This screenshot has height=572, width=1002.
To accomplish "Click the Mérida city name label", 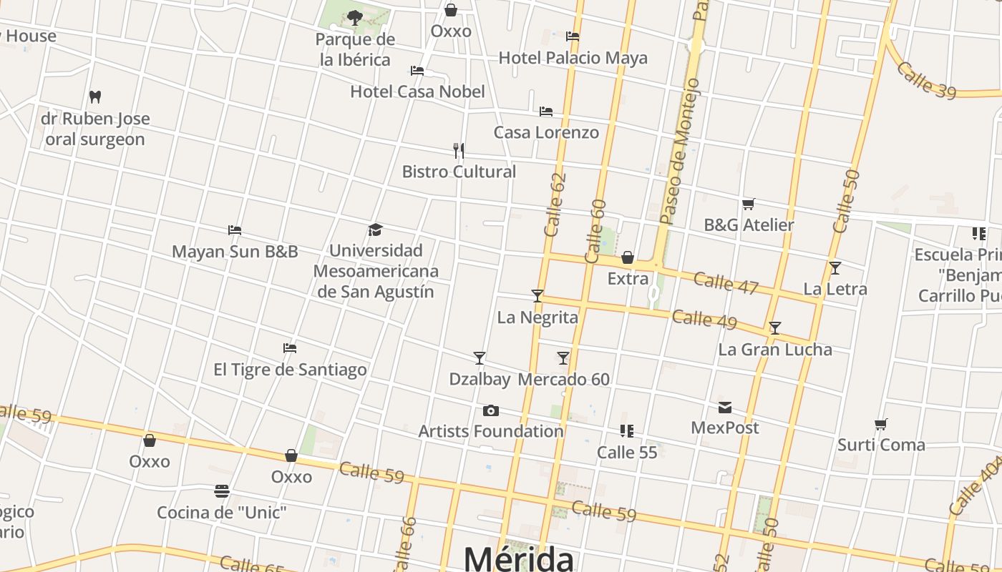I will pyautogui.click(x=519, y=558).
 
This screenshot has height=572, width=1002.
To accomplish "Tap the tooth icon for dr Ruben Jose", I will pyautogui.click(x=95, y=97).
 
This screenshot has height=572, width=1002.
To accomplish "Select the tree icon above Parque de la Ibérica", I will pyautogui.click(x=354, y=17).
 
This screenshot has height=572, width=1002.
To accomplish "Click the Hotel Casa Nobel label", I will pyautogui.click(x=417, y=92).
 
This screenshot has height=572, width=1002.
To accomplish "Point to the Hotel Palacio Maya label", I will pyautogui.click(x=573, y=58).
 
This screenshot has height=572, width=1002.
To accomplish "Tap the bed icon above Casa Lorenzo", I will pyautogui.click(x=546, y=112).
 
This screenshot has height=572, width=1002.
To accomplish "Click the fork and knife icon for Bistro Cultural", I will pyautogui.click(x=459, y=150).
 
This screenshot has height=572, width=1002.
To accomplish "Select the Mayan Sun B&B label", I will pyautogui.click(x=235, y=252).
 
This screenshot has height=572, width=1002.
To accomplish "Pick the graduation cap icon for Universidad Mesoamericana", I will pyautogui.click(x=376, y=230).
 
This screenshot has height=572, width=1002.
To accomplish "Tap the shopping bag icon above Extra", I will pyautogui.click(x=628, y=257).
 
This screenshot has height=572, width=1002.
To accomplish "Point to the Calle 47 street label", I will pyautogui.click(x=726, y=282).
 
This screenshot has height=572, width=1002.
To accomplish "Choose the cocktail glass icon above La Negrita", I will pyautogui.click(x=538, y=295).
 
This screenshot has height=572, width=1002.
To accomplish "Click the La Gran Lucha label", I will pyautogui.click(x=775, y=350).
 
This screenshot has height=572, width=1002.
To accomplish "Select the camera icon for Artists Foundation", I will pyautogui.click(x=490, y=410).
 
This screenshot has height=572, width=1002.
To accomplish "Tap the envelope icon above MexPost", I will pyautogui.click(x=725, y=408).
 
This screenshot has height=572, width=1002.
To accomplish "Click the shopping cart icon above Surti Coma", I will pyautogui.click(x=881, y=425).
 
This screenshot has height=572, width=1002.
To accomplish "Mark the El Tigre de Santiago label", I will pyautogui.click(x=290, y=370).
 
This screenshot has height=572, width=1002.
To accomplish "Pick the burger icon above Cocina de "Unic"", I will pyautogui.click(x=222, y=491).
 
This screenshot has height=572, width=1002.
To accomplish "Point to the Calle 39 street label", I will pyautogui.click(x=925, y=80).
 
